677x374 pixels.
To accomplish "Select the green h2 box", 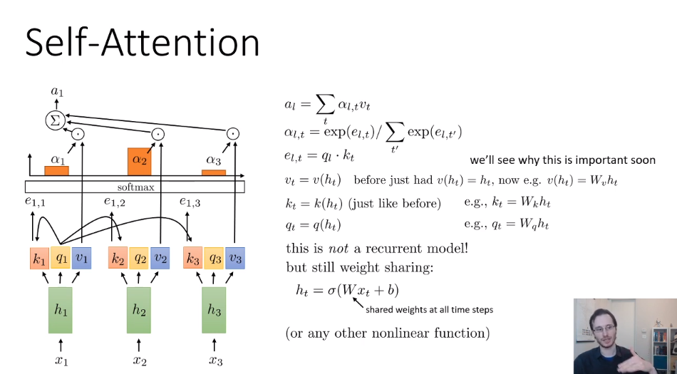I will click(x=139, y=310).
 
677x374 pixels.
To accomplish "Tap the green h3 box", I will click(x=215, y=310).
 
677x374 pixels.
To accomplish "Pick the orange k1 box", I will click(x=39, y=258).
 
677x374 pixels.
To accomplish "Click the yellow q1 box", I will click(x=61, y=258).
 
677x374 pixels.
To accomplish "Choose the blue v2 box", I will click(x=160, y=258).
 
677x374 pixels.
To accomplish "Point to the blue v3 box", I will click(x=235, y=258).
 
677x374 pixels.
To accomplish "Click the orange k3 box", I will click(x=192, y=258).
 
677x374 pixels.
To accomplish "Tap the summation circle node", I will click(x=55, y=120).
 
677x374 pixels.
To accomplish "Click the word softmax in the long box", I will click(x=135, y=187).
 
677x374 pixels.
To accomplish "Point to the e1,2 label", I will click(x=115, y=203).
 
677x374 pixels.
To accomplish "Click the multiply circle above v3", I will click(x=232, y=134).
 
